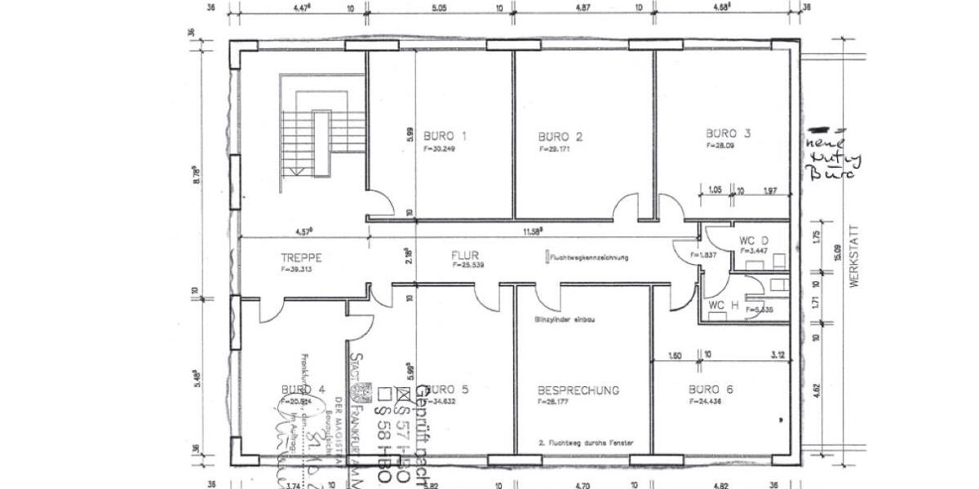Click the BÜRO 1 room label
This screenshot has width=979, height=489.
tap(445, 135)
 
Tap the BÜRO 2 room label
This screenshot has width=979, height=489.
tap(560, 136)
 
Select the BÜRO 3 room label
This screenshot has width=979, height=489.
tap(728, 133)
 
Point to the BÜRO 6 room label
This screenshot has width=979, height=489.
tap(710, 390)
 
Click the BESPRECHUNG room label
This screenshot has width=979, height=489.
tap(578, 390)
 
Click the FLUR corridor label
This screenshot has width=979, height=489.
tap(466, 254)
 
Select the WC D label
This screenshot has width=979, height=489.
tap(754, 241)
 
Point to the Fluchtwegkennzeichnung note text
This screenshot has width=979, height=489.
tap(589, 258)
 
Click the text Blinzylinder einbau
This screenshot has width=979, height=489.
tap(565, 319)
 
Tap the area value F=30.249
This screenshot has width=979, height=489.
tap(440, 149)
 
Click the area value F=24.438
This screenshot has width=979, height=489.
tap(705, 402)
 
